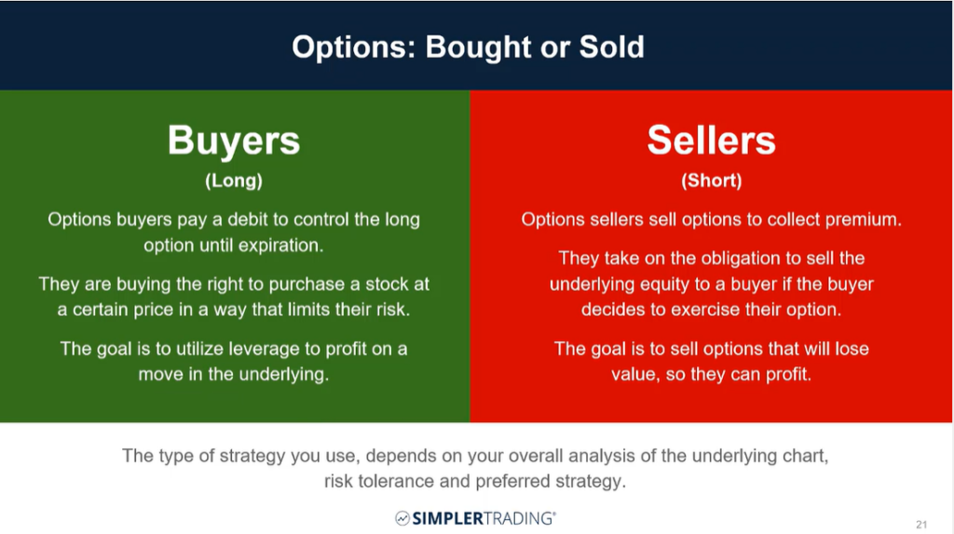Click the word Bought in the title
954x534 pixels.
click(x=478, y=48)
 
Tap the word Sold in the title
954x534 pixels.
click(x=611, y=47)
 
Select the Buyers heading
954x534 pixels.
click(x=234, y=142)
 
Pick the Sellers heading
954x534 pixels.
click(x=711, y=140)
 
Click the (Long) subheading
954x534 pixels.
click(x=234, y=181)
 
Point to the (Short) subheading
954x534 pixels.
click(x=711, y=181)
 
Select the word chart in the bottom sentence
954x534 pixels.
click(x=804, y=456)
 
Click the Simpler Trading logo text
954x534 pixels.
click(x=484, y=518)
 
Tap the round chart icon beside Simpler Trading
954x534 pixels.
click(x=402, y=518)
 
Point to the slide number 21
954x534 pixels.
click(x=921, y=525)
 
